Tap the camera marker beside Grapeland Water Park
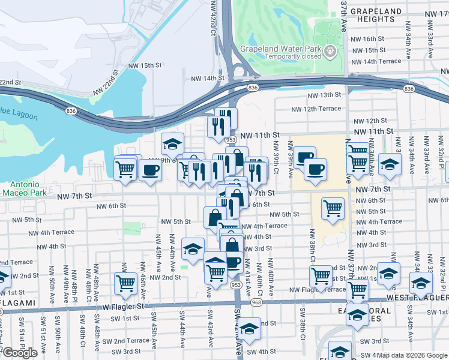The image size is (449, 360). pos(329,51)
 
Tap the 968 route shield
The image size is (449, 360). pos(257,302)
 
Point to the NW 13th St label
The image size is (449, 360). pos(324,95)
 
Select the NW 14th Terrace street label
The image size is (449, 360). pos(376,61)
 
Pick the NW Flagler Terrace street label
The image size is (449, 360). pos(318,290)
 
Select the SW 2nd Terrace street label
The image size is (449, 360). pos(128,340)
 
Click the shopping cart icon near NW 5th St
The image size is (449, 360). pos(333,208)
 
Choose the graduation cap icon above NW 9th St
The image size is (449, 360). pos(172,143)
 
